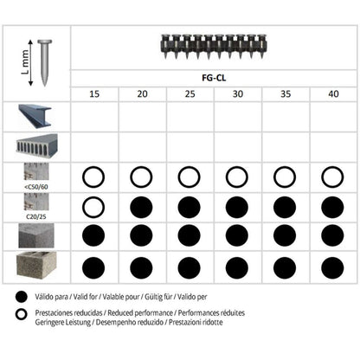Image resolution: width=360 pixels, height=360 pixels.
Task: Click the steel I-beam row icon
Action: point(35,117)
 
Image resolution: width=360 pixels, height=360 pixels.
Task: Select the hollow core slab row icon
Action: point(35,146)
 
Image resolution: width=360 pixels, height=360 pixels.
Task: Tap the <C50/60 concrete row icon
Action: point(35,177)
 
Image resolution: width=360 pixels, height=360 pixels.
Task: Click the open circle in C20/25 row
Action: point(94,207)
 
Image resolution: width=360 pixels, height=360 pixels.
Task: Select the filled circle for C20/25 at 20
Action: point(142,207)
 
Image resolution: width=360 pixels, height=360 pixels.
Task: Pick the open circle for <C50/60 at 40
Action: point(331,177)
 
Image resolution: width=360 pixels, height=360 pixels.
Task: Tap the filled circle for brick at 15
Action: point(94,267)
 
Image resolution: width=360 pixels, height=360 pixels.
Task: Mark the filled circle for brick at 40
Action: point(331,267)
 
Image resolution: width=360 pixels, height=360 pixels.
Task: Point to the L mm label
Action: point(23,61)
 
